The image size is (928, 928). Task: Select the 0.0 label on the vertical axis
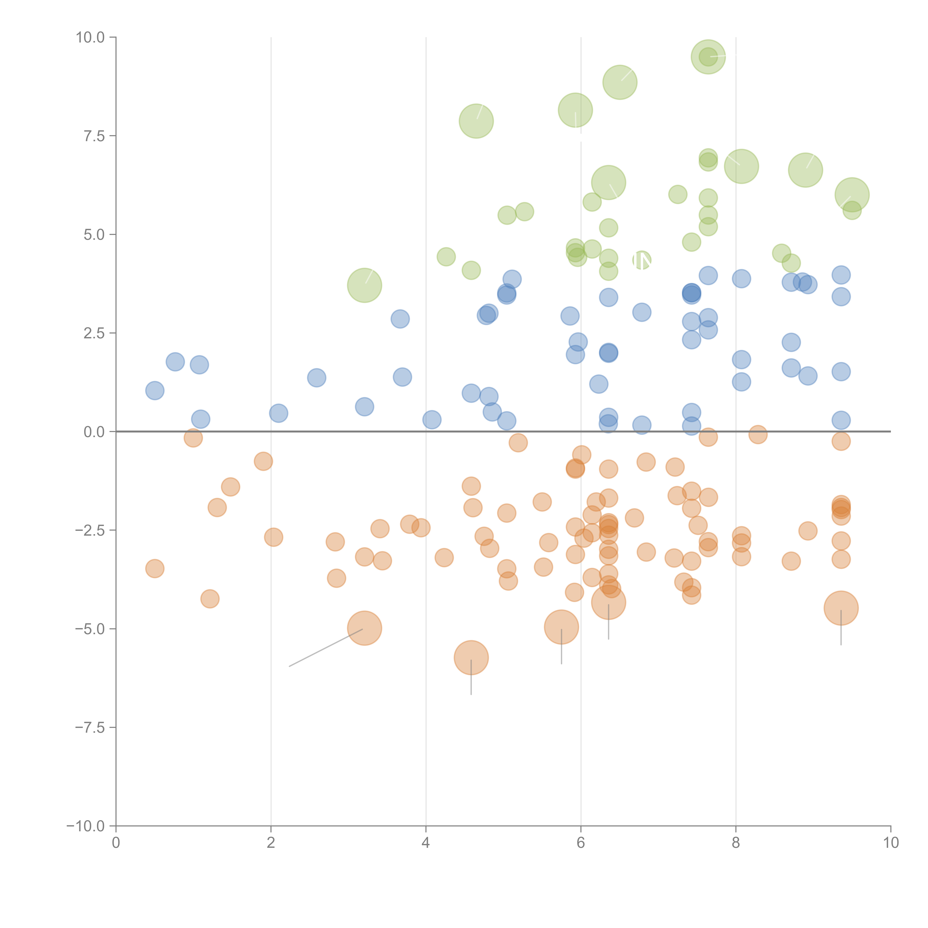tap(94, 432)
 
